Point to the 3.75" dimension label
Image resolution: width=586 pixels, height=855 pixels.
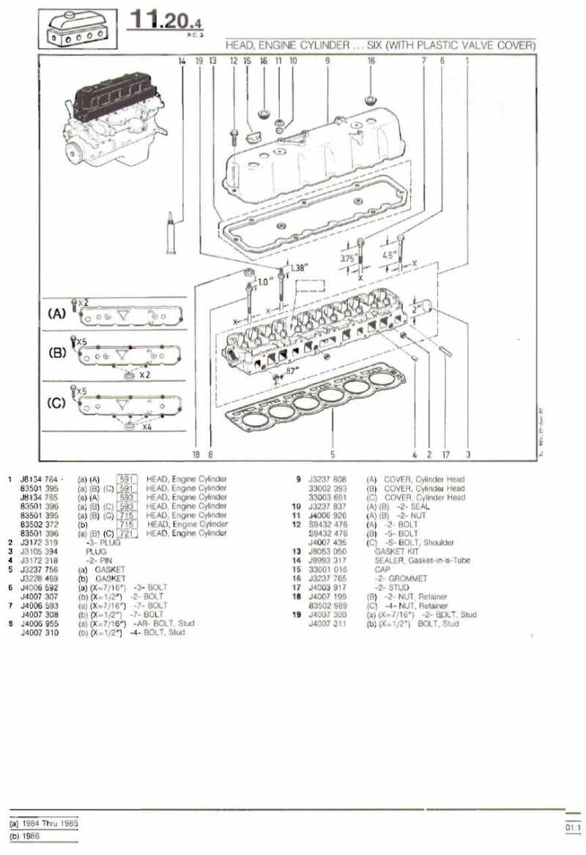[349, 258]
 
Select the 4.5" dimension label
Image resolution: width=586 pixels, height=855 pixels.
[390, 255]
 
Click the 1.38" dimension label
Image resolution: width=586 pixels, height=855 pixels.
[300, 268]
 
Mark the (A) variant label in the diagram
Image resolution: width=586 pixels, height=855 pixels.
[56, 313]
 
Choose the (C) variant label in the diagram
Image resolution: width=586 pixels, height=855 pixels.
[56, 402]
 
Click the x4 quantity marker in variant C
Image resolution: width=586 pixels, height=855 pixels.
[147, 427]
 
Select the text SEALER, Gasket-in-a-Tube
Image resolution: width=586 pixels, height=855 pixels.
[422, 559]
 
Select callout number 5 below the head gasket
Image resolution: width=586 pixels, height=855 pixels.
[333, 454]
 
